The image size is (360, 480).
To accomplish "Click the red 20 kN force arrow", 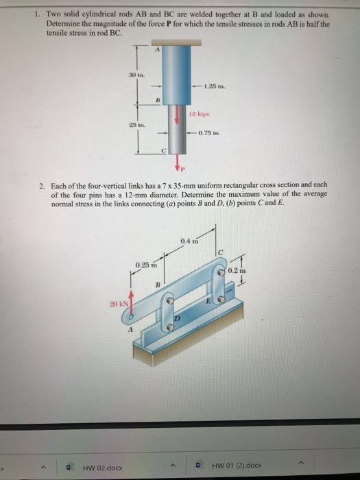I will pyautogui.click(x=128, y=302).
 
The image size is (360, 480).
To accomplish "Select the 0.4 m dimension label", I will pyautogui.click(x=190, y=241).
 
